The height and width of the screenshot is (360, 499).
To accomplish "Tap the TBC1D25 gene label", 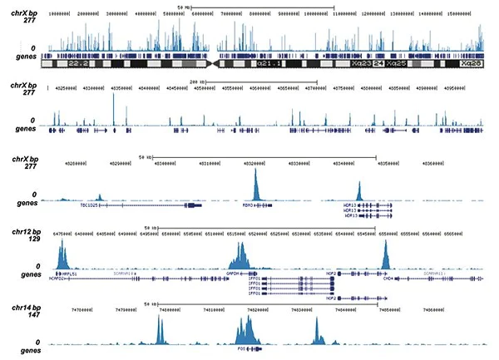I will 89,205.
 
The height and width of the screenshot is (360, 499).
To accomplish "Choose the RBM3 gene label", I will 248,205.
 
